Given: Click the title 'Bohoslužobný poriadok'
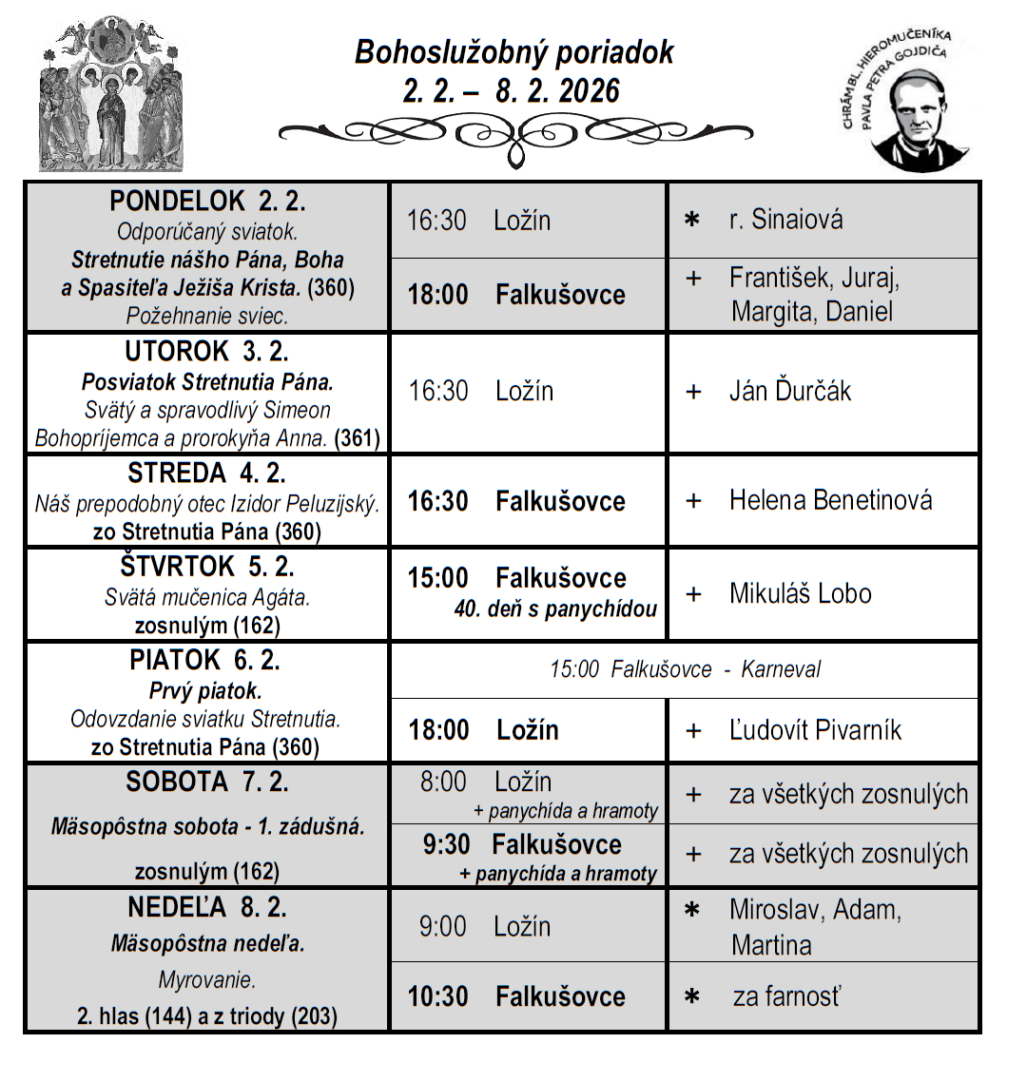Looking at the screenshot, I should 513,51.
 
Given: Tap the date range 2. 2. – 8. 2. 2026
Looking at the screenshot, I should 512,91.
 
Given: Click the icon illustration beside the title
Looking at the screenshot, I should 111,95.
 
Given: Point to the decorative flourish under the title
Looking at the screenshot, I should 515,135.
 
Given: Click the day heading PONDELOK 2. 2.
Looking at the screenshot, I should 207,202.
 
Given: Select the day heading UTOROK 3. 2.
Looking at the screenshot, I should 206,352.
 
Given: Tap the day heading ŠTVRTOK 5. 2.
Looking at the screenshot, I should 207,567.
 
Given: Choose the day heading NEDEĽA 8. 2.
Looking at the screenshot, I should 207,907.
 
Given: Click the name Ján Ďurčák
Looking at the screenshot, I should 789,391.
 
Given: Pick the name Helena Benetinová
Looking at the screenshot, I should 830,500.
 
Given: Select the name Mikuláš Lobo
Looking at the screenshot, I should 800,593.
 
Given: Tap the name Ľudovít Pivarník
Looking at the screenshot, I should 815,730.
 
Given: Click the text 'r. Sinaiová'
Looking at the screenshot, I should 785,220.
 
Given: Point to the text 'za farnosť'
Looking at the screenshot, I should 786,996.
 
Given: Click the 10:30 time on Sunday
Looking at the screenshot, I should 438,996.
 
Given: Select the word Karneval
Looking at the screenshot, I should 781,669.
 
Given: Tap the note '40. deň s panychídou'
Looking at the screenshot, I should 555,609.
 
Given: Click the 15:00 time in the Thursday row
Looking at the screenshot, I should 438,578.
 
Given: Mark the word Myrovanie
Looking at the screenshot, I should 206,980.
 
